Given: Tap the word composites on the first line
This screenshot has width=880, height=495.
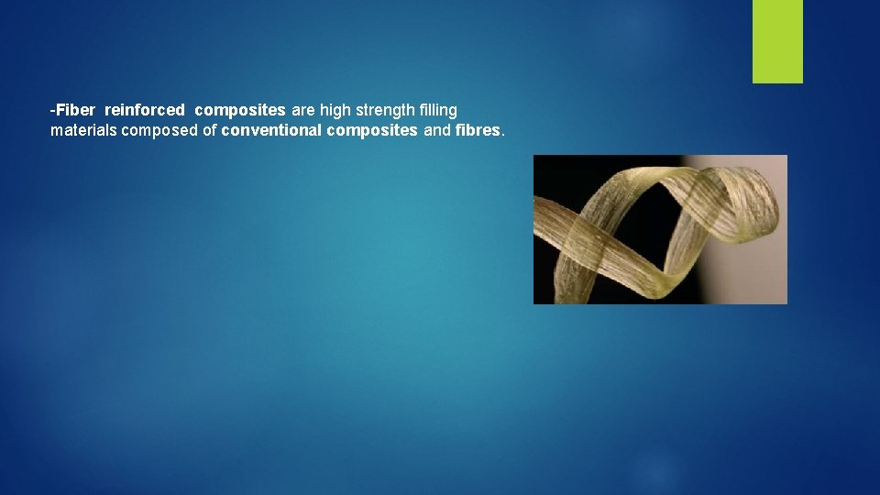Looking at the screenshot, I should (x=239, y=110).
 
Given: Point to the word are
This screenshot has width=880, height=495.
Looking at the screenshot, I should (x=302, y=110).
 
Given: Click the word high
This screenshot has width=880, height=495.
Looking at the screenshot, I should (x=335, y=110).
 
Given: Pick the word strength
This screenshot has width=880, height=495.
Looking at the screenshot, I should (x=386, y=110).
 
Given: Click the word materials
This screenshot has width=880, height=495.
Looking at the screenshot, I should (x=83, y=130).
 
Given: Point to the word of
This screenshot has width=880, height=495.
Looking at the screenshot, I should (x=210, y=130).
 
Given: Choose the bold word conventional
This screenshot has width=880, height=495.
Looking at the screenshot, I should (x=271, y=130).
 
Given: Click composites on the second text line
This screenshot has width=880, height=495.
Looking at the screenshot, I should (x=371, y=130).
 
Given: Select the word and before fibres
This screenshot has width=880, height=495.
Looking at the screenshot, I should (x=437, y=130).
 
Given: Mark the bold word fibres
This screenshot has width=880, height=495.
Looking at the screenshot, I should (x=478, y=130).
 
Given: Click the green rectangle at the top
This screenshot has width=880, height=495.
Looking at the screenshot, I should (x=777, y=41).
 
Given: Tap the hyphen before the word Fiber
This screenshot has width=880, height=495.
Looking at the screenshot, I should (x=52, y=111).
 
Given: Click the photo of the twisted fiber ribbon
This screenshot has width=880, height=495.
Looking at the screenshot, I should (x=660, y=229).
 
